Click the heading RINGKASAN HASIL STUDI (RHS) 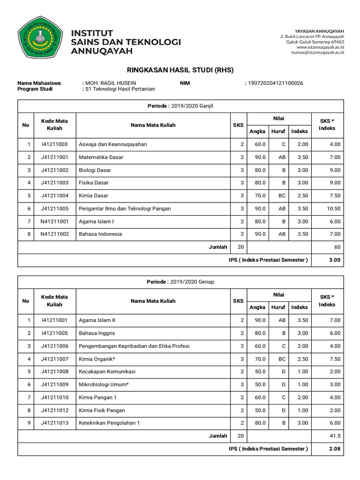180,70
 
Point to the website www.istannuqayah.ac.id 320,47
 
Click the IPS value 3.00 333,260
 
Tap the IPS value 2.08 333,449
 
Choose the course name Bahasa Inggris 97,333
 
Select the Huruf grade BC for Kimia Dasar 281,195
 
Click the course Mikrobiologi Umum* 105,384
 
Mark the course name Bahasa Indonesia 100,234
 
